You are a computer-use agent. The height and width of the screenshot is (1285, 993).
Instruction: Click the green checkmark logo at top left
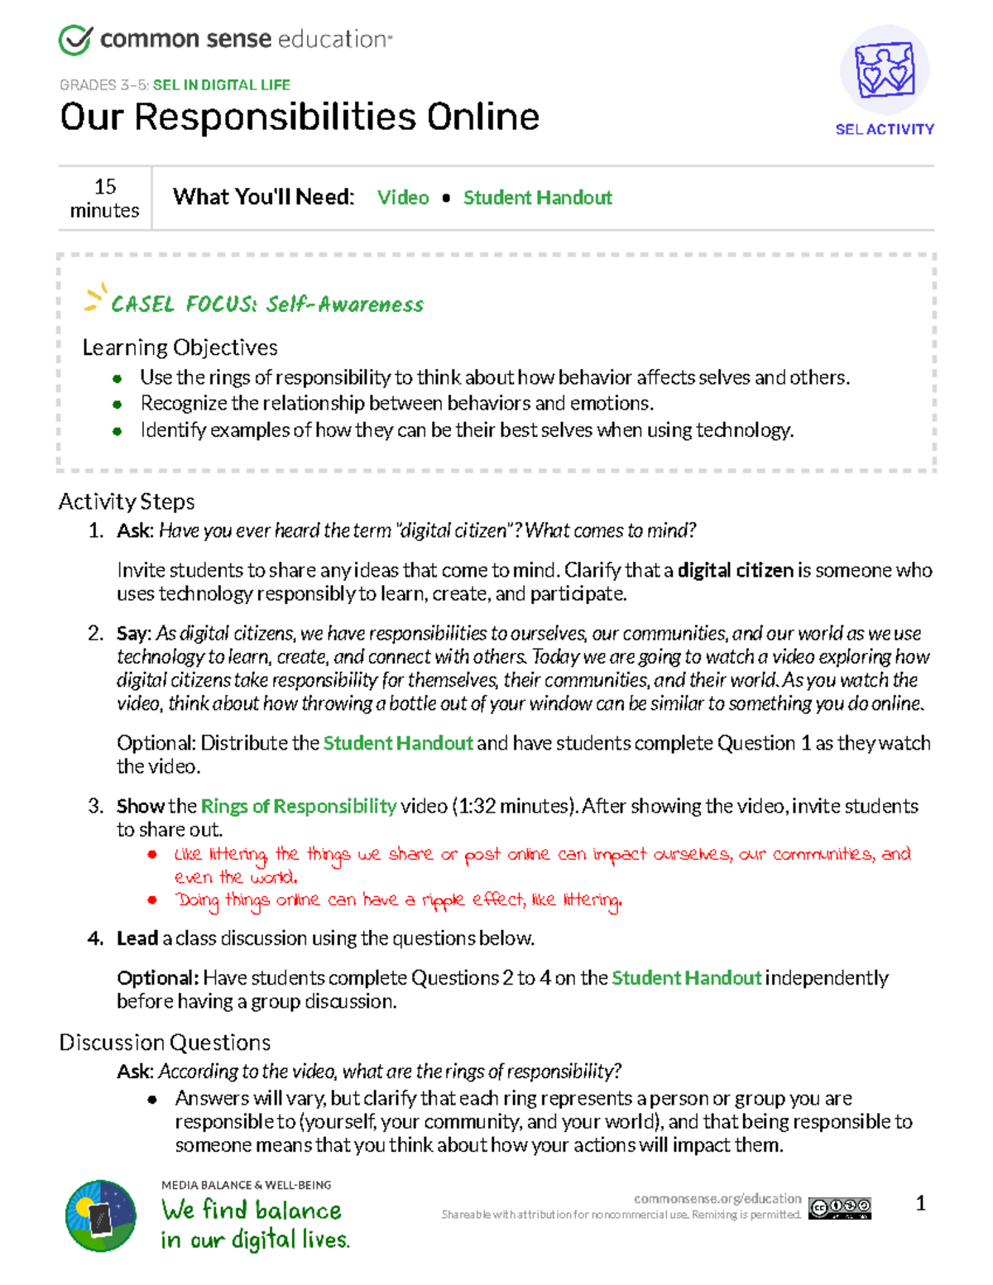74,40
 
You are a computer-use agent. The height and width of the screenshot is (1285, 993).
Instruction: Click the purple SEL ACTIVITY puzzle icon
884,70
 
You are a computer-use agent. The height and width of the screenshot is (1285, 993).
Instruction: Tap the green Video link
403,198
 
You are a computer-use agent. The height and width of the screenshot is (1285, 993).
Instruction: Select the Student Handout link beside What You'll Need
537,198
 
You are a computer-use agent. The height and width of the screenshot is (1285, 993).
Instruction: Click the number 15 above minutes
105,186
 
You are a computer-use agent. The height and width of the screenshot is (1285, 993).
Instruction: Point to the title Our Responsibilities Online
300,117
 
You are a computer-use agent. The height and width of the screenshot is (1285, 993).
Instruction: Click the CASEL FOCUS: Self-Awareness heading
266,304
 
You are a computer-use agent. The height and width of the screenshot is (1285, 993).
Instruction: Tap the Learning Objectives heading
180,348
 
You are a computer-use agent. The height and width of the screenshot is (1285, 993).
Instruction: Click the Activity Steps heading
127,501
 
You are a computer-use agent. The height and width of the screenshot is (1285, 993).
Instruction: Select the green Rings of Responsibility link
298,806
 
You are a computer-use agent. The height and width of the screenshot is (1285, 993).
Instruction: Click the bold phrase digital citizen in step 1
735,570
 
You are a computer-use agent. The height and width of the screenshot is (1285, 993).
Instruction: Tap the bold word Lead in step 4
137,938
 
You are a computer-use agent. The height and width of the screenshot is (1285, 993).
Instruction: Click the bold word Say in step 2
132,634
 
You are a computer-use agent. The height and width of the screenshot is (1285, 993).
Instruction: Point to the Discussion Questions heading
165,1043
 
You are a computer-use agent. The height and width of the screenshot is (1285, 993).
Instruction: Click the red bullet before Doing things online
152,899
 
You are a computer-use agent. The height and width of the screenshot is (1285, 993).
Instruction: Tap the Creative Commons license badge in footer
840,1208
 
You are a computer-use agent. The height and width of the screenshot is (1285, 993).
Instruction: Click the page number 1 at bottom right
920,1203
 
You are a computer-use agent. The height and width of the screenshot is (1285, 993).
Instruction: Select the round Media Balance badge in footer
101,1215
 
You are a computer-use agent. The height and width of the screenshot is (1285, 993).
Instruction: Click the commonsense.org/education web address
717,1198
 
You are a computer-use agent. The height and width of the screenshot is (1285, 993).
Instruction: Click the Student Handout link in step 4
686,978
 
